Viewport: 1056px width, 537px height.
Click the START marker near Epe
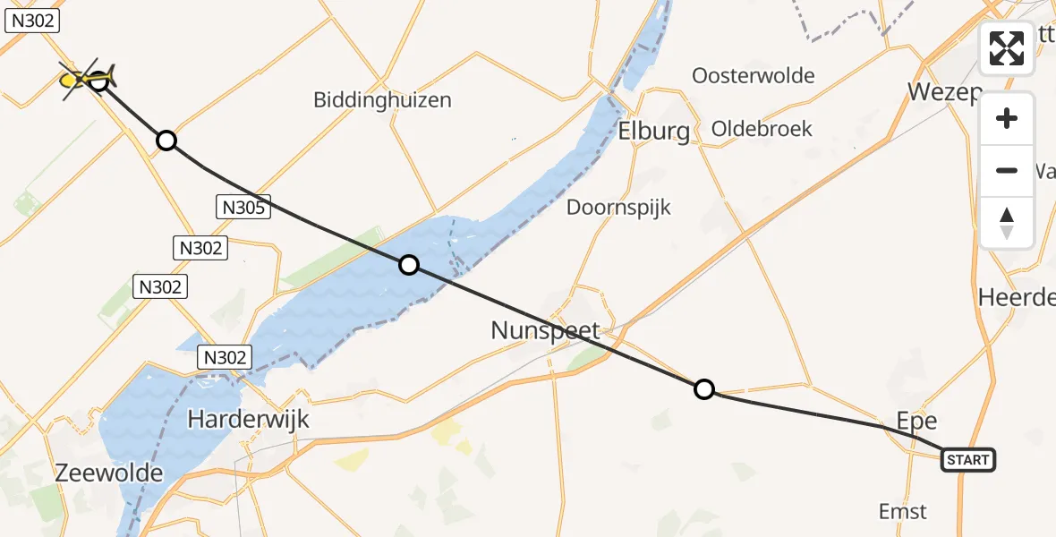[967, 460]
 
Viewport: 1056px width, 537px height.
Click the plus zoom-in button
[1007, 119]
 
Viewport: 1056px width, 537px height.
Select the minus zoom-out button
[1007, 170]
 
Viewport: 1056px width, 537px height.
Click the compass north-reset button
[1007, 222]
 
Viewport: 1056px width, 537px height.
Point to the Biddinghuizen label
[382, 99]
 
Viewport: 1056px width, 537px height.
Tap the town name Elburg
[654, 132]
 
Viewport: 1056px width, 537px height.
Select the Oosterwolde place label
[754, 76]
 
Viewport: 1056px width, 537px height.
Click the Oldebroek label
[762, 129]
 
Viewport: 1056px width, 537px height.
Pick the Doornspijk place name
[618, 208]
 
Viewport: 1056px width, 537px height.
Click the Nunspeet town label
[545, 330]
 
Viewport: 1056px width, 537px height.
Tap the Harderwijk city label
[249, 418]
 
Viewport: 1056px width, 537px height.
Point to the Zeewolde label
[109, 473]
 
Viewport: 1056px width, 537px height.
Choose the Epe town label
[916, 421]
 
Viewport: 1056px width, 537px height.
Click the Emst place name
[902, 512]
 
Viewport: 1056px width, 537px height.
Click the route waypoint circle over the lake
[408, 264]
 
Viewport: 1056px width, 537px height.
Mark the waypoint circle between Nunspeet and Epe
[704, 388]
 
